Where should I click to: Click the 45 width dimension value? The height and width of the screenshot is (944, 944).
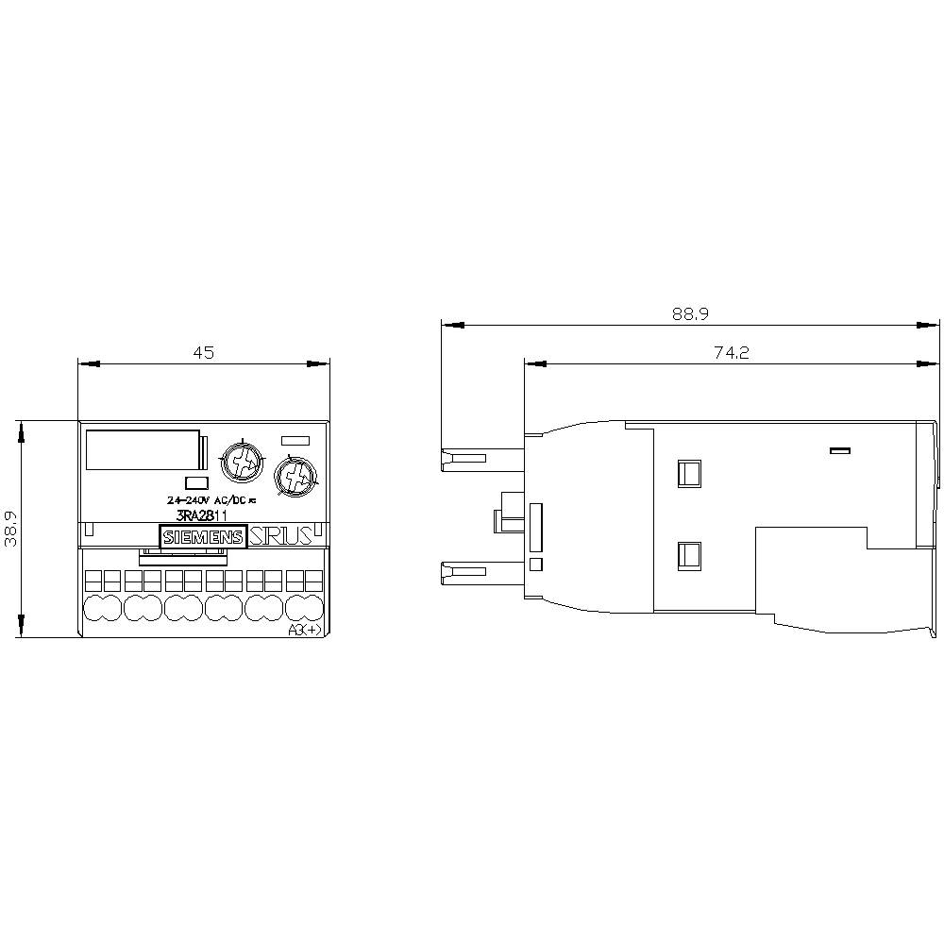(204, 352)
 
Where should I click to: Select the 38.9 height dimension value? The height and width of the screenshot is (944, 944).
(11, 530)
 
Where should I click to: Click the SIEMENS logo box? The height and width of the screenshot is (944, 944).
(204, 537)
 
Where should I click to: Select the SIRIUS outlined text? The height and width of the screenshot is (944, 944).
(280, 537)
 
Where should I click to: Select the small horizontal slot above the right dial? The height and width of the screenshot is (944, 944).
(296, 438)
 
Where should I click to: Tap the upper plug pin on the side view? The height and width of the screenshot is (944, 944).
(469, 459)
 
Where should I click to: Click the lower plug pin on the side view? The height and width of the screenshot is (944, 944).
(469, 571)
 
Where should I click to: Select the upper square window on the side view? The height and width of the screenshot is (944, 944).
(689, 472)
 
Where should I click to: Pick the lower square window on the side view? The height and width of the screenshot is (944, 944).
(689, 556)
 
